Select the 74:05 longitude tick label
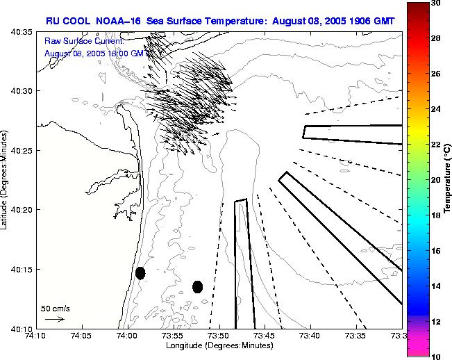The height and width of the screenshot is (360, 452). [82, 336]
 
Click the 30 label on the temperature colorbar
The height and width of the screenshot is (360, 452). [434, 5]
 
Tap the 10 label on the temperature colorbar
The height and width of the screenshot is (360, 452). [434, 355]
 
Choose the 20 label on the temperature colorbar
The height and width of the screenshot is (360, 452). [434, 180]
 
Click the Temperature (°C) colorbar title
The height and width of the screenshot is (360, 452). [448, 180]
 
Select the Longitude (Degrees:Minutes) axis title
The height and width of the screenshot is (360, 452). [219, 346]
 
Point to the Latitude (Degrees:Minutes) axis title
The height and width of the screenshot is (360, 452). [6, 179]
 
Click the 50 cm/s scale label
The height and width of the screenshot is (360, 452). [56, 308]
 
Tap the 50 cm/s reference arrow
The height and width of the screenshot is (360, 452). [54, 319]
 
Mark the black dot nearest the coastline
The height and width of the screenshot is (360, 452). [140, 272]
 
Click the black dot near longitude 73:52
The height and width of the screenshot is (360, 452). [197, 286]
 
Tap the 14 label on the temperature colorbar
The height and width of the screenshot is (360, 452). [434, 285]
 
